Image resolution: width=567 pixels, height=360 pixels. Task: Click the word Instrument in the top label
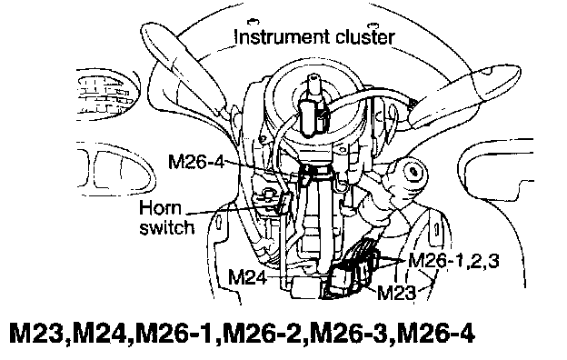(x=282, y=37)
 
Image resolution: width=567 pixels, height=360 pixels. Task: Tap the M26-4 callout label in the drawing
(x=196, y=162)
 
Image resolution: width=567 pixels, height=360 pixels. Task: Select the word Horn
(x=160, y=208)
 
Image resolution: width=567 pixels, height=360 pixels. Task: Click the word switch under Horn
(x=166, y=227)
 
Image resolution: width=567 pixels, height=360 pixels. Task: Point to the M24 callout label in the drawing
(x=247, y=277)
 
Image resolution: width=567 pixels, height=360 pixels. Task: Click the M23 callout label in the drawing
(x=396, y=293)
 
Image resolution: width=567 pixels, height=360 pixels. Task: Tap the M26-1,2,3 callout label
(x=453, y=261)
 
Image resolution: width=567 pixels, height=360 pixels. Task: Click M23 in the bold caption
(x=36, y=334)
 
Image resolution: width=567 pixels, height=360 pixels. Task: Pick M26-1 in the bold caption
(x=176, y=334)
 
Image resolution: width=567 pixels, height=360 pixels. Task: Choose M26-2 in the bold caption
(x=263, y=334)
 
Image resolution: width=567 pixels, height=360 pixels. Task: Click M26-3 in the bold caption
(x=349, y=334)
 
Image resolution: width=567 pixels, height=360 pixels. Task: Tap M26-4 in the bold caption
(x=435, y=334)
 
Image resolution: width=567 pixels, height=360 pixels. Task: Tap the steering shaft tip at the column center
(x=312, y=83)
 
